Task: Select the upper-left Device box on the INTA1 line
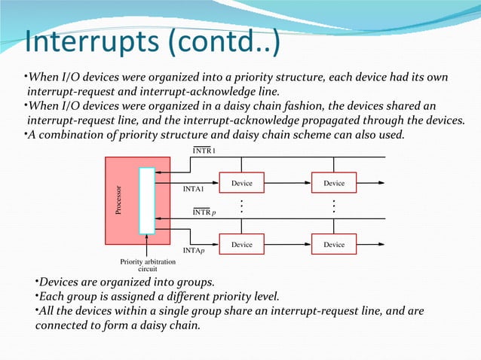[x=241, y=184]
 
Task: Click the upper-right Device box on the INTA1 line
[x=334, y=184]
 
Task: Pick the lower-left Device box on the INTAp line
[x=241, y=245]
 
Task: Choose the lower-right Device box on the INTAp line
[x=334, y=245]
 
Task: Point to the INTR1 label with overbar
[x=204, y=151]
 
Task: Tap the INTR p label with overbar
[x=204, y=212]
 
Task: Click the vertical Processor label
[x=118, y=200]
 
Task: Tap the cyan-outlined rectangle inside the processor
[x=146, y=200]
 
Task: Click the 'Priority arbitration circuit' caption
[x=147, y=265]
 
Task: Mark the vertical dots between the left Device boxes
[x=241, y=206]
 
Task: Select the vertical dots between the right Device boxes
[x=334, y=206]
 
